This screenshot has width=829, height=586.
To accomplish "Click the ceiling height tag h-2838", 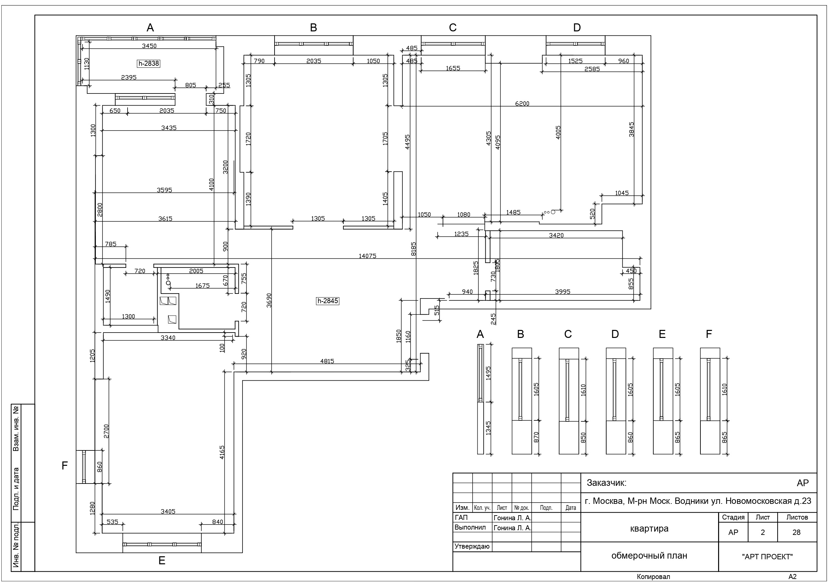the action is point(148,63).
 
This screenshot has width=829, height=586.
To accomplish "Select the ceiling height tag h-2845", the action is point(327,301).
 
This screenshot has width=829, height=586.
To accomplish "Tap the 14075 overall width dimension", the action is point(367,256).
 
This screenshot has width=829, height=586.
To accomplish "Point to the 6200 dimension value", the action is point(522,104).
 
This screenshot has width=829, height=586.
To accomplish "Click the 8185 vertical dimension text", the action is point(413,249).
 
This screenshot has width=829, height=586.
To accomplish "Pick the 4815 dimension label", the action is point(327,361).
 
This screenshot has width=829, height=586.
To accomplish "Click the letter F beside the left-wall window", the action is point(65,466).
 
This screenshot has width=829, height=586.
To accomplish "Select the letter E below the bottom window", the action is point(162,561).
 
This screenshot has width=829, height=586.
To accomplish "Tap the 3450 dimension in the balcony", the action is point(149,46).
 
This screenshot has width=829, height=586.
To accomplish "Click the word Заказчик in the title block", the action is point(607,483).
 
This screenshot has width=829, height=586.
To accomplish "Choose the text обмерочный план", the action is point(649,556).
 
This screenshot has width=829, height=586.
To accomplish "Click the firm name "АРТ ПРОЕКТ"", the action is point(767,557).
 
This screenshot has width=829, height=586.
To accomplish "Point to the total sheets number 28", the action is point(797,533).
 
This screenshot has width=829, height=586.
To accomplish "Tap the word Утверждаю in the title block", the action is point(472,546).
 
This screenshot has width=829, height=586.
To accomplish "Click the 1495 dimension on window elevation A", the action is point(489,373).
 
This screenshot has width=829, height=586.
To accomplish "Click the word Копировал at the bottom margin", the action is point(653,577).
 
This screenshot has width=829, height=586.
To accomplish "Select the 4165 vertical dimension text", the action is point(222,452).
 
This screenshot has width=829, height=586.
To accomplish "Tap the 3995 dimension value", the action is point(562,292).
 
